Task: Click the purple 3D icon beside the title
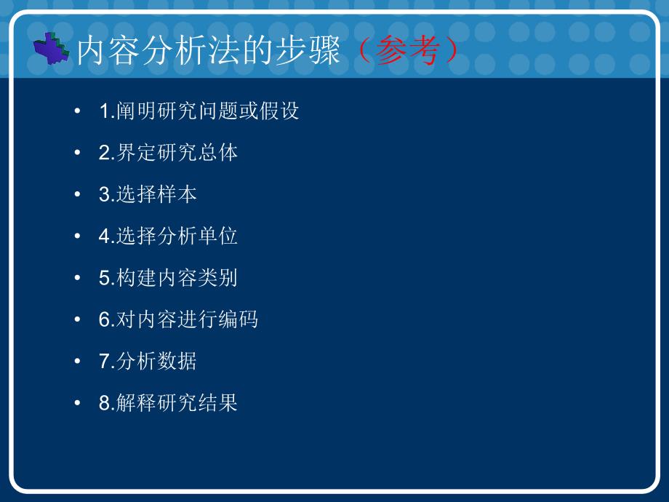tap(51, 49)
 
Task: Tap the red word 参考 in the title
tap(407, 50)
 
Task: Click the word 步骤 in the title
tap(308, 50)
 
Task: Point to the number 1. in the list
tap(107, 111)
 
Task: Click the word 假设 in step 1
tap(279, 111)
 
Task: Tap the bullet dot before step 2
tap(77, 152)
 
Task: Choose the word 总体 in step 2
tap(217, 152)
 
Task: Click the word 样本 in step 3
tap(177, 194)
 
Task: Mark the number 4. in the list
tap(107, 236)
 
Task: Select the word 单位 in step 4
tap(217, 236)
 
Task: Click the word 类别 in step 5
tap(217, 277)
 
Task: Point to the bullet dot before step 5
tap(77, 277)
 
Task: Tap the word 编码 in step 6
tap(238, 319)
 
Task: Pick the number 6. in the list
tap(107, 319)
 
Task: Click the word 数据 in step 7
tap(177, 361)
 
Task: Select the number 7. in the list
tap(107, 361)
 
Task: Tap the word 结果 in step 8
tap(217, 402)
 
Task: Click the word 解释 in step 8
tap(136, 402)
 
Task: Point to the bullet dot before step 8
tap(77, 402)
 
